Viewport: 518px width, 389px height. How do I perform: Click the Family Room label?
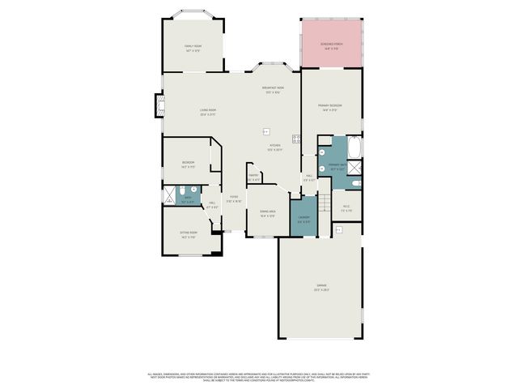tap(193, 46)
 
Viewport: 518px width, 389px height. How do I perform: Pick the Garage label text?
tap(321, 286)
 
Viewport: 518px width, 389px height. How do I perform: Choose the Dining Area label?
tap(267, 212)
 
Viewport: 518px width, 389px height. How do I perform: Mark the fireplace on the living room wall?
tap(159, 105)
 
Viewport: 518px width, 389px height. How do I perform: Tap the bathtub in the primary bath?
tap(357, 147)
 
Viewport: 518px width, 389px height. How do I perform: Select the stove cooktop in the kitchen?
tap(296, 139)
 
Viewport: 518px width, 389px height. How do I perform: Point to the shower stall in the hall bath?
tap(169, 195)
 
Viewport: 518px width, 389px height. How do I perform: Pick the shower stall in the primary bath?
tap(355, 168)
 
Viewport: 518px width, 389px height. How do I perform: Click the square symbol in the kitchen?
tap(265, 131)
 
